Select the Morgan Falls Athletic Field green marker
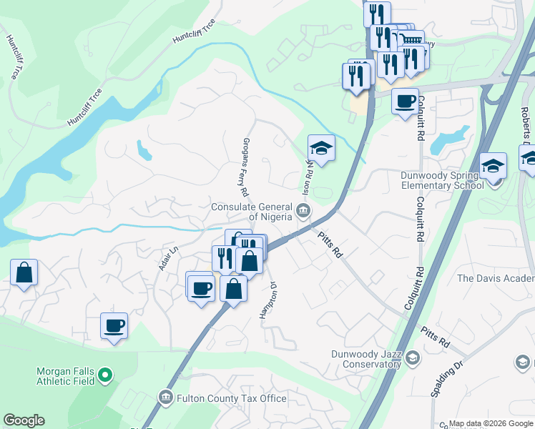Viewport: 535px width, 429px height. click(x=105, y=374)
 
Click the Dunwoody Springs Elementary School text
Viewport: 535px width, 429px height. click(x=438, y=179)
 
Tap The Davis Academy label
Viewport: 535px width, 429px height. click(x=495, y=278)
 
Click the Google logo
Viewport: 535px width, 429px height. click(x=24, y=420)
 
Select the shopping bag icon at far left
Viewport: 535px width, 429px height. click(x=24, y=272)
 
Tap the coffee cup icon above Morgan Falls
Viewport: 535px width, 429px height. click(x=114, y=325)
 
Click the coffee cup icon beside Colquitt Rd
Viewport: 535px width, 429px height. click(x=405, y=101)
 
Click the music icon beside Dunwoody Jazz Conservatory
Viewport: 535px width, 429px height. click(x=411, y=357)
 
